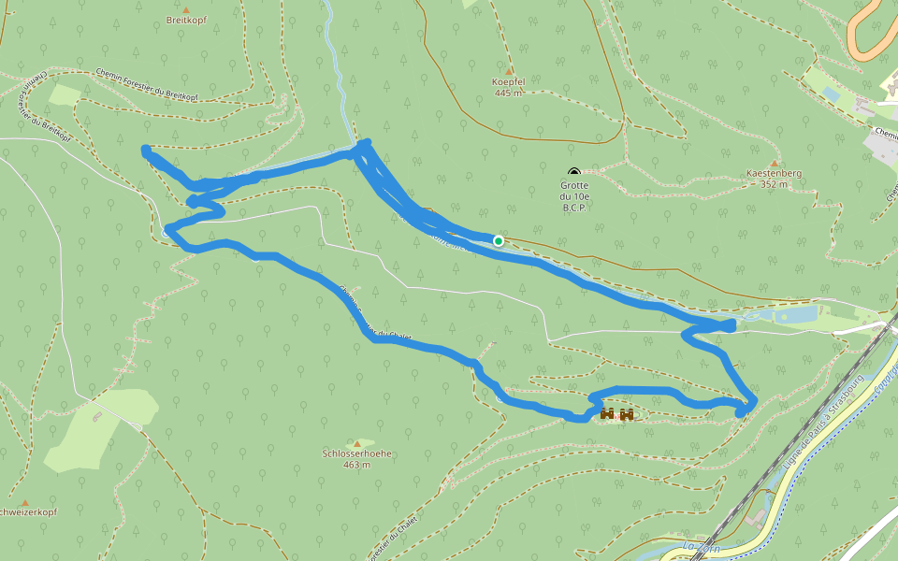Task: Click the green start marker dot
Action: [x=499, y=241]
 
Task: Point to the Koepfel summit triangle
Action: [x=509, y=70]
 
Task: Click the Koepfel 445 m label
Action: [x=509, y=87]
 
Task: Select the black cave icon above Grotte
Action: [x=573, y=172]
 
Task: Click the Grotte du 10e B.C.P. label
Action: [x=574, y=195]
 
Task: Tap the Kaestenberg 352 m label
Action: [x=774, y=179]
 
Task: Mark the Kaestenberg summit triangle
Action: [x=774, y=163]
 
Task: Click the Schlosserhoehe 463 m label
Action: [x=356, y=458]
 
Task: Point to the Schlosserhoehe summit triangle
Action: [x=356, y=443]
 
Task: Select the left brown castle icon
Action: [x=607, y=413]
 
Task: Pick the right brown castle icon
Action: [x=627, y=413]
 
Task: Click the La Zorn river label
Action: [x=701, y=547]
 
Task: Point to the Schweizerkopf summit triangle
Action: [x=24, y=502]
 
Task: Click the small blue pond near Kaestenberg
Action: [x=831, y=93]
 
